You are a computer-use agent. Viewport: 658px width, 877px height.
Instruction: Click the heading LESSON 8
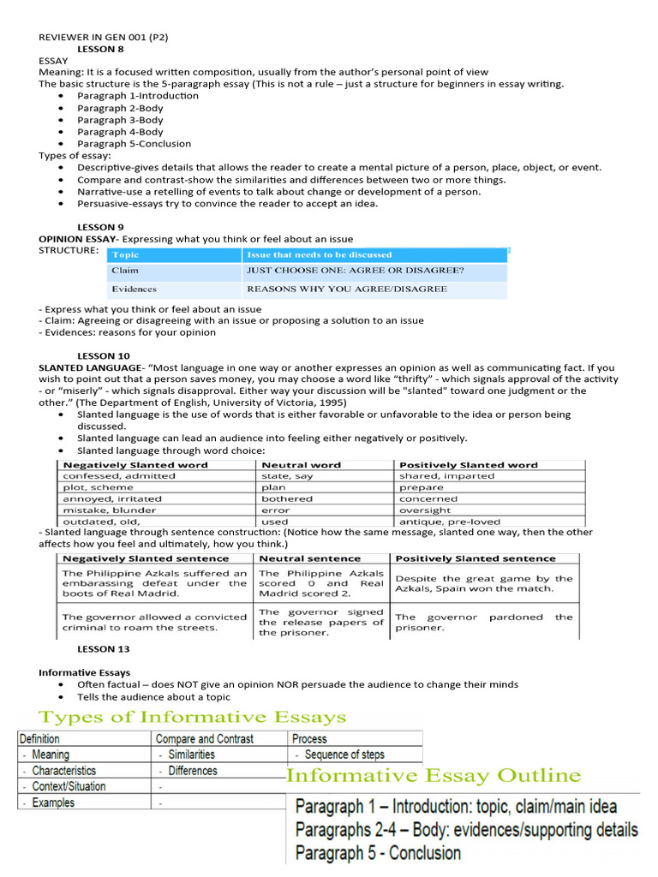100,49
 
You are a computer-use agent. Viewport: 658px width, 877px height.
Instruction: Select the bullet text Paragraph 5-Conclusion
134,144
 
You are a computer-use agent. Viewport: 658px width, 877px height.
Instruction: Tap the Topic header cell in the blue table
125,254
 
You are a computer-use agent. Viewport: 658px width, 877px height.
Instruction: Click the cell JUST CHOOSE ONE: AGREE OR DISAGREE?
355,271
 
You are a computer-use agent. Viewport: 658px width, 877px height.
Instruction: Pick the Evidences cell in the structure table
134,289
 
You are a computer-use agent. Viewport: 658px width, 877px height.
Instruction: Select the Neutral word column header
301,465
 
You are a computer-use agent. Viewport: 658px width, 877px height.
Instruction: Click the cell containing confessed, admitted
119,476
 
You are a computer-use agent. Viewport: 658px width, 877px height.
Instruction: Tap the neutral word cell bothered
287,498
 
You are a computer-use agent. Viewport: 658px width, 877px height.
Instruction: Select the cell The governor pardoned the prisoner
483,622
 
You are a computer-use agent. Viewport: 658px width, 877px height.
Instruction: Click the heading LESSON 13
103,649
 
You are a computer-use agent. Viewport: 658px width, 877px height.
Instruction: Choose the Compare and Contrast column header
205,738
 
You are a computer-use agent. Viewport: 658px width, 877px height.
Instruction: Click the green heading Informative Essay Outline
433,776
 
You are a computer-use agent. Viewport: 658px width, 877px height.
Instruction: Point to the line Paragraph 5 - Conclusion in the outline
378,853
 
